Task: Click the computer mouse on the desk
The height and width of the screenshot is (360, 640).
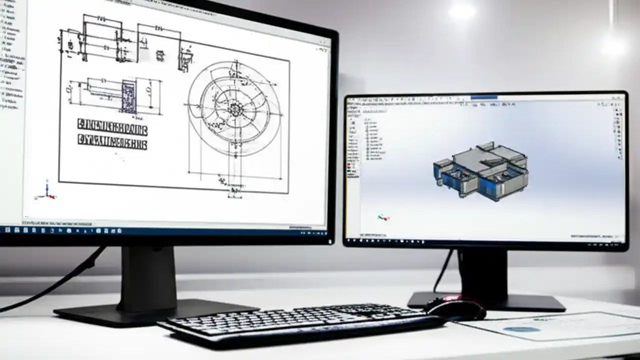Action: click(456, 308)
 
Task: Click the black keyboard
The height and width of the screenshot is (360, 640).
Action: click(300, 322)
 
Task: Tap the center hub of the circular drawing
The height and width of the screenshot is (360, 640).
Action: click(235, 108)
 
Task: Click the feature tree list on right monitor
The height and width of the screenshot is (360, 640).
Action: click(372, 140)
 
